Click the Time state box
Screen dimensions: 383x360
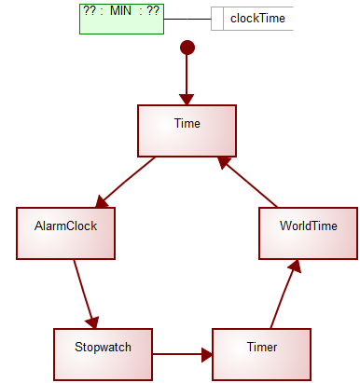[187, 130]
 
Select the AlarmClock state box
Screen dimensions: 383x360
[66, 232]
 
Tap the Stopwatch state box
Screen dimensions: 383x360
[102, 354]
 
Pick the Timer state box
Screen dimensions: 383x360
[261, 354]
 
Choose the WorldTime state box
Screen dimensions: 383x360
[308, 232]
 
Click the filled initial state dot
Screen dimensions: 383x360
[187, 48]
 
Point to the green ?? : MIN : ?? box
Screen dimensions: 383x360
[121, 19]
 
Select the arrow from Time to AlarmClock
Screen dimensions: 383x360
[126, 182]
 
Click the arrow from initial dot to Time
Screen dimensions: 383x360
[187, 79]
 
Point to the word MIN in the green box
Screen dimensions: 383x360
[121, 13]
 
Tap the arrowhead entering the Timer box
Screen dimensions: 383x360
[206, 354]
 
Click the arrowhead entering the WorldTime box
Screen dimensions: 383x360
[295, 266]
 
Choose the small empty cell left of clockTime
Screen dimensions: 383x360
[217, 19]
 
